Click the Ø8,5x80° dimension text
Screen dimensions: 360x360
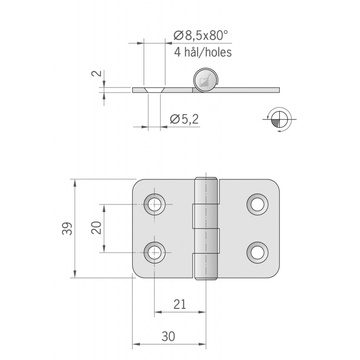tap(201, 35)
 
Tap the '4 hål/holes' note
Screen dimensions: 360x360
tap(202, 53)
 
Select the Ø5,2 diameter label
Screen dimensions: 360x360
tap(184, 119)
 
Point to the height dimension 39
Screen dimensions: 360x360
tap(66, 229)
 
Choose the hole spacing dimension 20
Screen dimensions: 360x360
tap(95, 229)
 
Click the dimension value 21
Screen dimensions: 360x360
tap(180, 304)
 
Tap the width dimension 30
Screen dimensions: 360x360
tap(169, 337)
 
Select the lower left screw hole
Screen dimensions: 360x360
tap(154, 252)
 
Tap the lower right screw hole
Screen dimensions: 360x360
tap(257, 252)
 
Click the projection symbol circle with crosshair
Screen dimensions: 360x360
tap(279, 119)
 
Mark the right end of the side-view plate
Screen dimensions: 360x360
tap(277, 90)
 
